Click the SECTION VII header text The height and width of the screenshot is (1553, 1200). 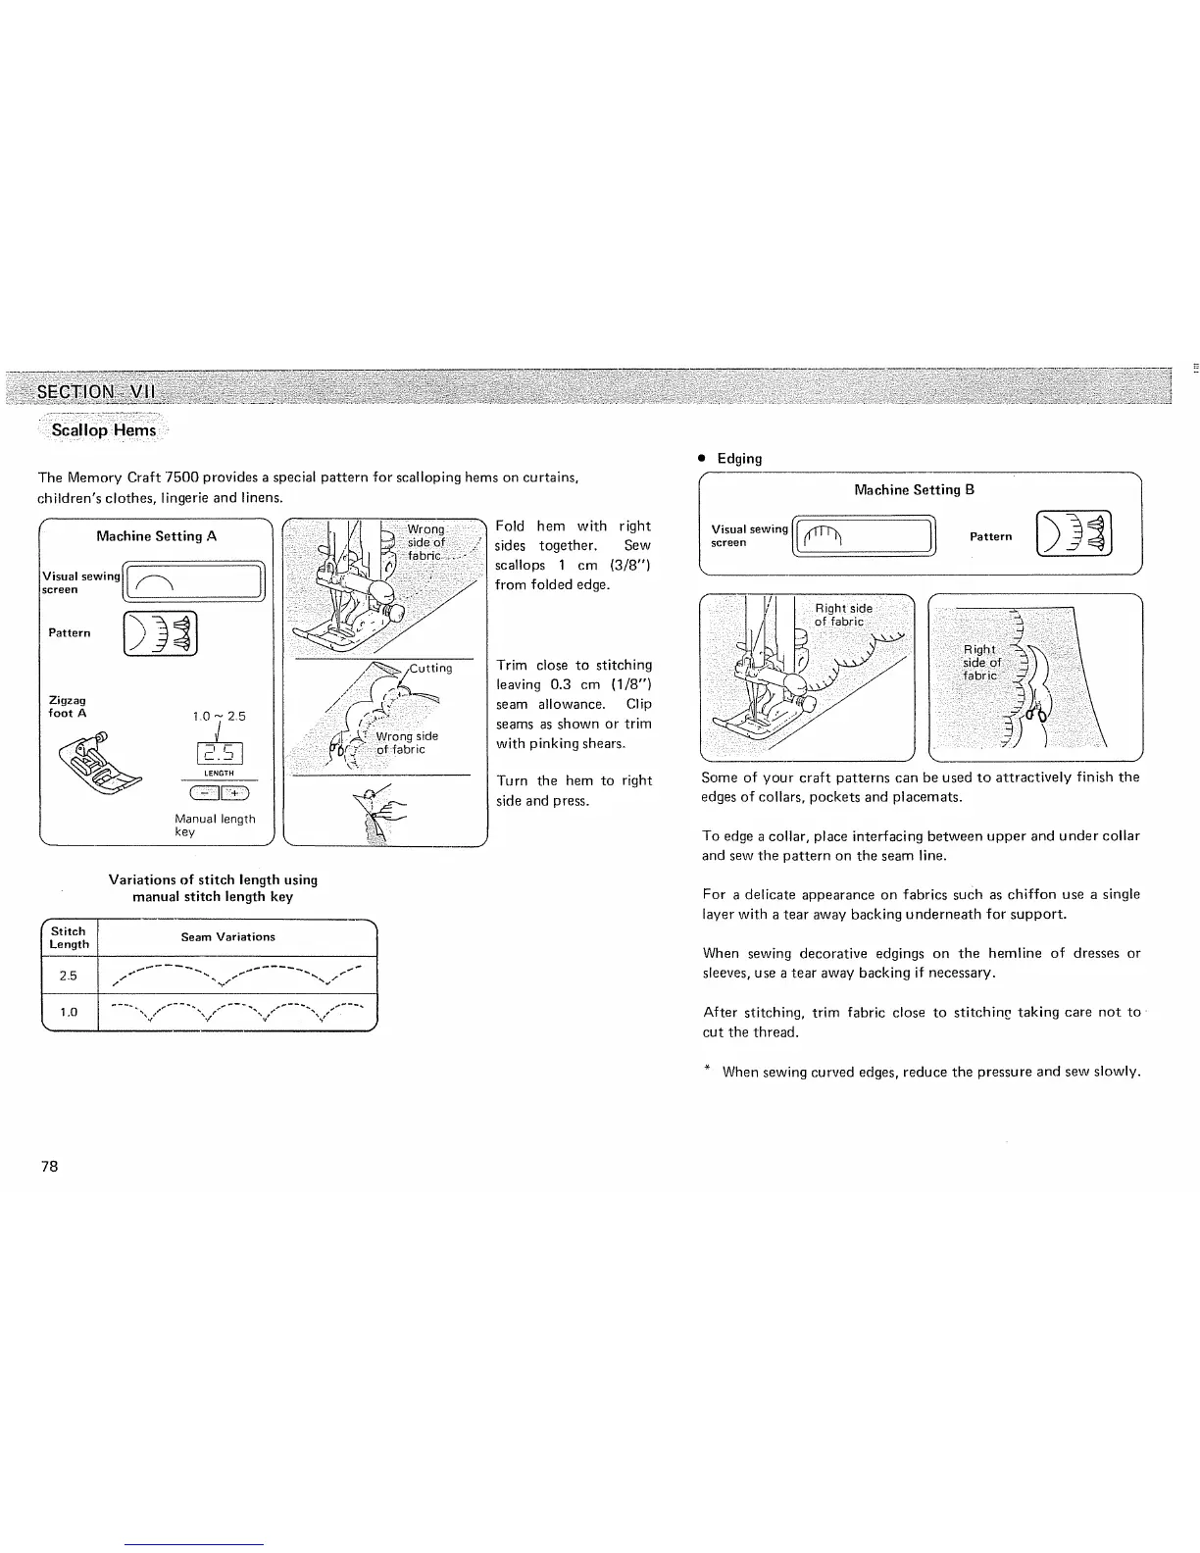(x=95, y=393)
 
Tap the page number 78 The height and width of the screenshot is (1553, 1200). (x=50, y=1166)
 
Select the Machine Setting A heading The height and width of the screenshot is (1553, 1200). (x=157, y=536)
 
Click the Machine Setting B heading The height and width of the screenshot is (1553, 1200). (x=914, y=490)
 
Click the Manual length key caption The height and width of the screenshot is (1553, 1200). (x=214, y=825)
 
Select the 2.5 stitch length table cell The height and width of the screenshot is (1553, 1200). (x=69, y=976)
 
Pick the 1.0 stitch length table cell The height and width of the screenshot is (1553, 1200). (x=69, y=1012)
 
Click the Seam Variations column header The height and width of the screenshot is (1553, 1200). (x=227, y=937)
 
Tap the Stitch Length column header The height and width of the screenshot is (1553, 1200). (x=70, y=937)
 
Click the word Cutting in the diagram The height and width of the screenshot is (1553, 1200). (x=430, y=669)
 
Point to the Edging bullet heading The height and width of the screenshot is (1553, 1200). (x=738, y=458)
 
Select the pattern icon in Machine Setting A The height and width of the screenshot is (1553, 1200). (x=160, y=632)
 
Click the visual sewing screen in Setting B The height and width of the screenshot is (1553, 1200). (x=863, y=535)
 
